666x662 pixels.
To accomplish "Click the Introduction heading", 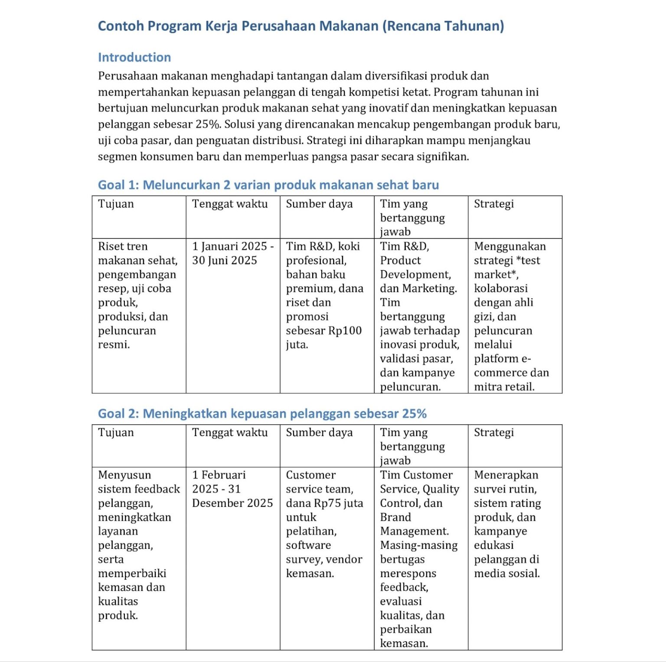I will tap(134, 57).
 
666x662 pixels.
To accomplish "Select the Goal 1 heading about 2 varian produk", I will tap(268, 185).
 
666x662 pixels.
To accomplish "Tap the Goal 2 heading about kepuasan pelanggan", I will tap(262, 414).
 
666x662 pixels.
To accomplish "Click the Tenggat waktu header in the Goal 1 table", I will tap(230, 204).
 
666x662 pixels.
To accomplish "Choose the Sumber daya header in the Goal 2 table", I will tap(319, 433).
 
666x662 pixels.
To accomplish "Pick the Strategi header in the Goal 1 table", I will tap(493, 204).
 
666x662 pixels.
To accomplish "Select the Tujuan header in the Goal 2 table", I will tap(116, 433).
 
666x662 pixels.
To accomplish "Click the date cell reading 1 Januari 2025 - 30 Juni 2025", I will tap(232, 253).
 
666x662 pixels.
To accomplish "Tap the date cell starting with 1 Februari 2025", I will tap(232, 489).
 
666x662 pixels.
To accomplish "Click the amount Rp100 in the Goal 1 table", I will tap(345, 331).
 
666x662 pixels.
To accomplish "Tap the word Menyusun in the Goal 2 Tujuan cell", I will tap(124, 475).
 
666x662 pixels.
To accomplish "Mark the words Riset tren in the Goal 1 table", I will tap(123, 246).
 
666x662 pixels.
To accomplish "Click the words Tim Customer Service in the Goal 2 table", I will tap(416, 482).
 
